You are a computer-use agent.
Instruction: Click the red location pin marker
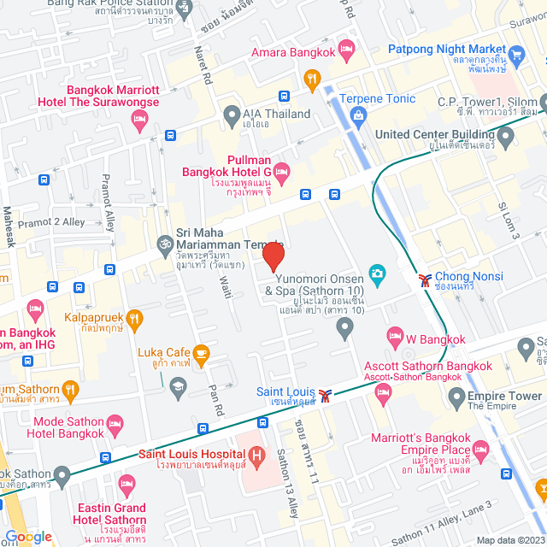(x=273, y=257)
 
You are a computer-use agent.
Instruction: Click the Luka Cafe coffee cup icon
(x=202, y=352)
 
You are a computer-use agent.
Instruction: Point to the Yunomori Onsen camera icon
(x=376, y=273)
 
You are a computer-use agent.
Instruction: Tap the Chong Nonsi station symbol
(x=425, y=278)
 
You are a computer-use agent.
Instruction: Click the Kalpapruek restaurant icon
(x=134, y=319)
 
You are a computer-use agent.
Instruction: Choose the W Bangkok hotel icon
(x=394, y=334)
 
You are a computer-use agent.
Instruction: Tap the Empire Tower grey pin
(x=456, y=397)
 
